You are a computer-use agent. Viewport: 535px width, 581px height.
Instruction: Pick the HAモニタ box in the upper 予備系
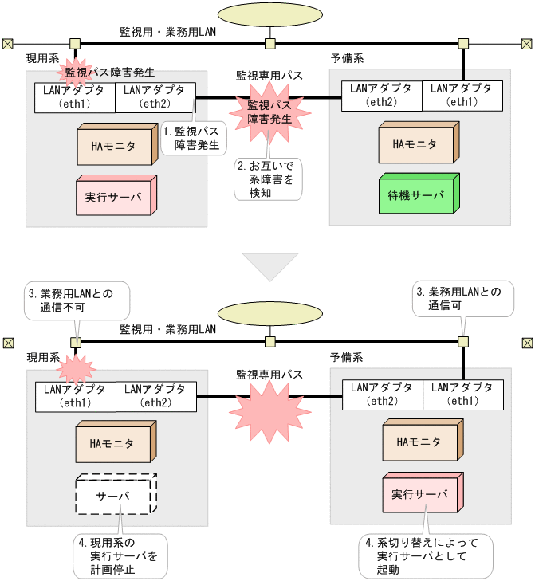coord(415,144)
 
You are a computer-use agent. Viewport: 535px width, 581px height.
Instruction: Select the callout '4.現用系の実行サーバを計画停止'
coord(119,556)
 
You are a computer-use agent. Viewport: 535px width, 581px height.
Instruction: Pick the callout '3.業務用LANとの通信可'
coord(462,300)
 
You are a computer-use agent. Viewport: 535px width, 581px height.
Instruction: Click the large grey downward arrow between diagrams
coord(269,265)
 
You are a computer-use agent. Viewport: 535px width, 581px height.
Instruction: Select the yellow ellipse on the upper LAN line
coord(269,16)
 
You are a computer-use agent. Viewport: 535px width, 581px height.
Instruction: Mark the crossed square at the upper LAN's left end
coord(7,43)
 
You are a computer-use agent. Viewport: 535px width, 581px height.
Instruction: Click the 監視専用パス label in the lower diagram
coord(269,373)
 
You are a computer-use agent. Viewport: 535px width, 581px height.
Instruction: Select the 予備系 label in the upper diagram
coord(348,58)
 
